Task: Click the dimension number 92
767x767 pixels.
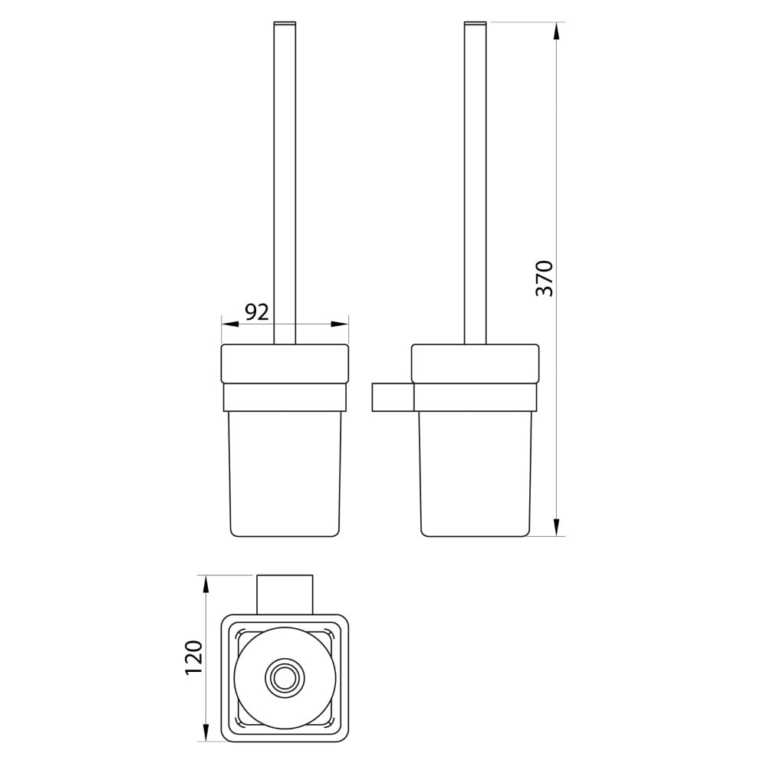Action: coord(257,312)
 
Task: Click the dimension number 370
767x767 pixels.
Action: coord(545,279)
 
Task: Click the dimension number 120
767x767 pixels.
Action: coord(194,657)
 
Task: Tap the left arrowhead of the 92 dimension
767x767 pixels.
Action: coord(230,324)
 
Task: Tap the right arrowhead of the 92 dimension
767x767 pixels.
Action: coord(340,324)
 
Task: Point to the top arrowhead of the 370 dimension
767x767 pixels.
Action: coord(556,31)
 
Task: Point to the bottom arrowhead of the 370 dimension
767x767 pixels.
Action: coord(556,528)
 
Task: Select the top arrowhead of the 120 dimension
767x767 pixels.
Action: coord(206,584)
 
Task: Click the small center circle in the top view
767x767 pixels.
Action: coord(285,678)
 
